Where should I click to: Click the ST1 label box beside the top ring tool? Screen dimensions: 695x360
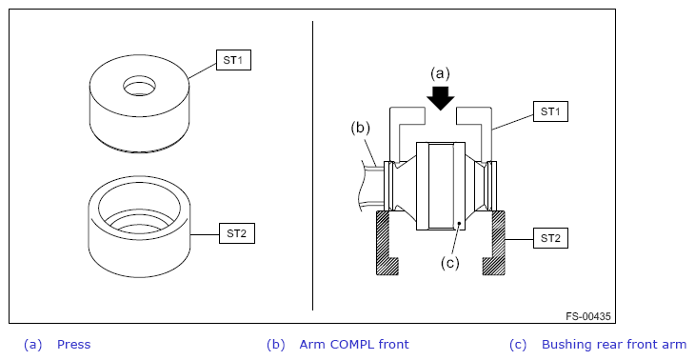pos(233,60)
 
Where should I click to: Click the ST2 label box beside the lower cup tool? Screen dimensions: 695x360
pos(237,233)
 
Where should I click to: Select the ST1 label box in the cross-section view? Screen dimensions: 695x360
pos(550,111)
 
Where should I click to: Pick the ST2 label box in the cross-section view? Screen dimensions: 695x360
pos(550,238)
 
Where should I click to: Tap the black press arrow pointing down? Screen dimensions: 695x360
pos(440,98)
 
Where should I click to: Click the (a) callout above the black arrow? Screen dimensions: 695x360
pos(440,73)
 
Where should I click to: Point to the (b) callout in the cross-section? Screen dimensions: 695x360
pos(360,128)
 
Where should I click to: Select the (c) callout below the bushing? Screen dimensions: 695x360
pos(450,263)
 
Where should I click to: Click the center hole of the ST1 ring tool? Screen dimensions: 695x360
pos(140,86)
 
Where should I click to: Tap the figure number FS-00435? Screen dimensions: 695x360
pos(587,316)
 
